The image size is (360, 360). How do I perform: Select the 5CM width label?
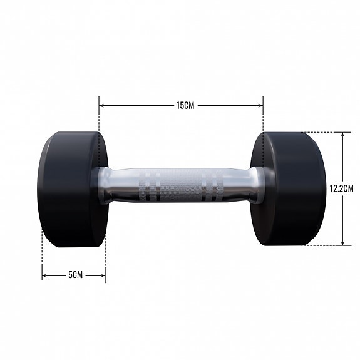click(75, 275)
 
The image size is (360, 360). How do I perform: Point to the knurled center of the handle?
click(180, 185)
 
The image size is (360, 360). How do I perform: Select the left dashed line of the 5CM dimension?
click(42, 257)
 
